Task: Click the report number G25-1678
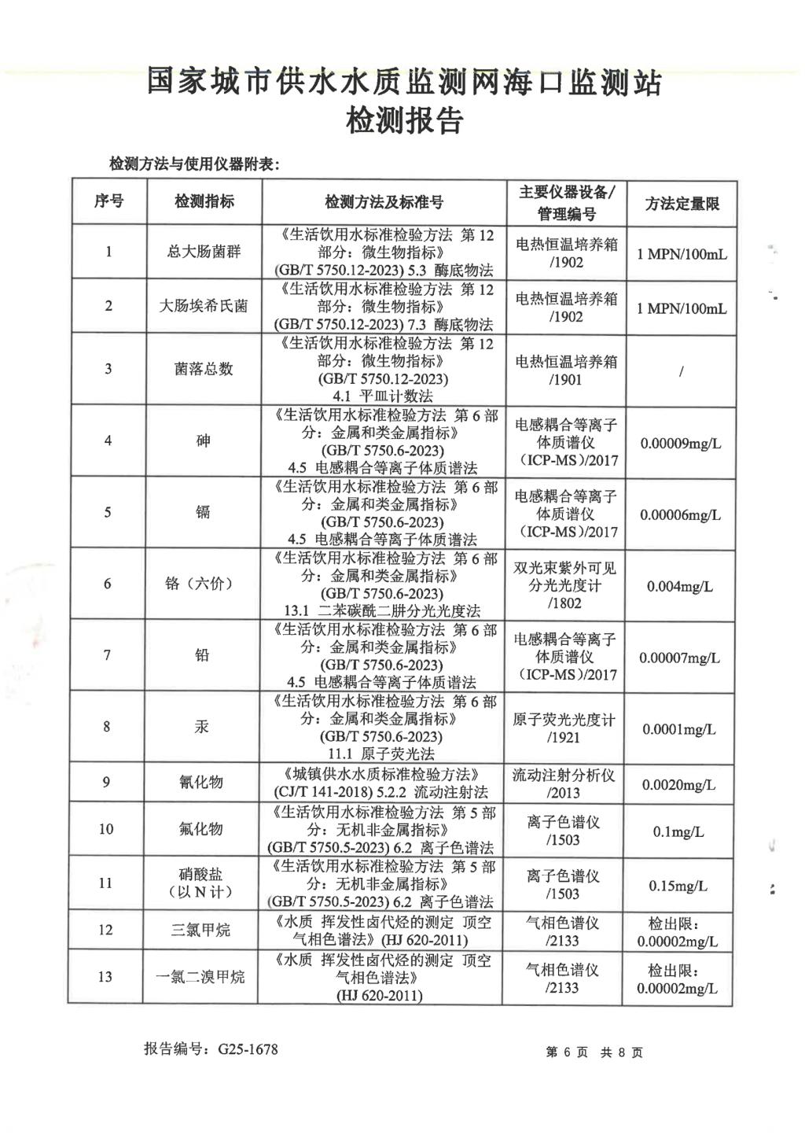211,1049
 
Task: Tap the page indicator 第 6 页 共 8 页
594,1052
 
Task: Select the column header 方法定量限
682,204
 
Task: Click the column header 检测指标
204,201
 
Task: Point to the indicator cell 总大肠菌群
204,252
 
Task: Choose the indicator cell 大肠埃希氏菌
204,306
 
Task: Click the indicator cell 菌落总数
204,369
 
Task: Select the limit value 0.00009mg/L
680,444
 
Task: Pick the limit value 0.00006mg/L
680,515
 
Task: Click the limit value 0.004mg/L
680,587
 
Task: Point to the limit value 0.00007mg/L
679,658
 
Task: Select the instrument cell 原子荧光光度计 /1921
564,728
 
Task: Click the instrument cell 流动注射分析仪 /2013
564,783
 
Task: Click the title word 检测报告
404,121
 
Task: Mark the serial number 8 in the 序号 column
107,727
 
